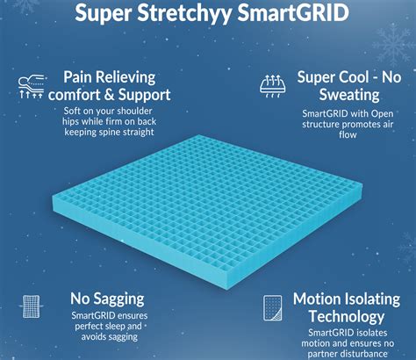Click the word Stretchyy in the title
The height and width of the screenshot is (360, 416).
tap(184, 13)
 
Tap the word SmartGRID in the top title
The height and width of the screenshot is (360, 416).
tap(293, 13)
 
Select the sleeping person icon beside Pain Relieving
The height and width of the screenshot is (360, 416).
tap(32, 86)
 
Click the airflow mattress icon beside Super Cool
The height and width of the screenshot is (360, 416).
tap(273, 86)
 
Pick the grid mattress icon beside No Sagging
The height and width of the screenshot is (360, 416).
tap(31, 306)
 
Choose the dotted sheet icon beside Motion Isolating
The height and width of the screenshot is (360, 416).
tap(273, 308)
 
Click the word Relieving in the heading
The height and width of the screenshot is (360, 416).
tap(126, 78)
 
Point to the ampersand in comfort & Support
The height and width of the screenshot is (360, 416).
tap(109, 95)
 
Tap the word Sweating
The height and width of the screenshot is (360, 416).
tap(349, 96)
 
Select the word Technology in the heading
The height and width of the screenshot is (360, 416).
tap(347, 317)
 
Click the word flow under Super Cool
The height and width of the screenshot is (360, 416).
tap(348, 134)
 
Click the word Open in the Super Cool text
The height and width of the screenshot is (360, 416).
tap(382, 114)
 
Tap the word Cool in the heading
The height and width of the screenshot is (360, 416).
tap(353, 77)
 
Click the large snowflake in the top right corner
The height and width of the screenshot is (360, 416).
tap(393, 43)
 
